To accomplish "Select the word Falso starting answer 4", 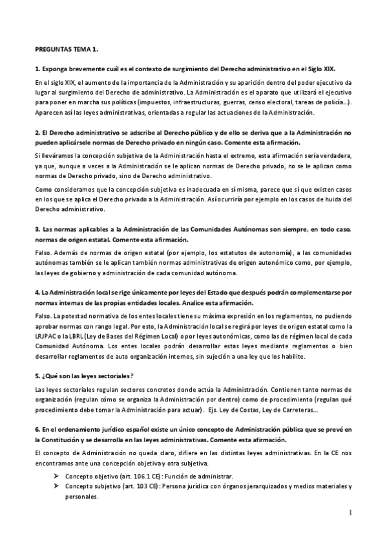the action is pos(42,315).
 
